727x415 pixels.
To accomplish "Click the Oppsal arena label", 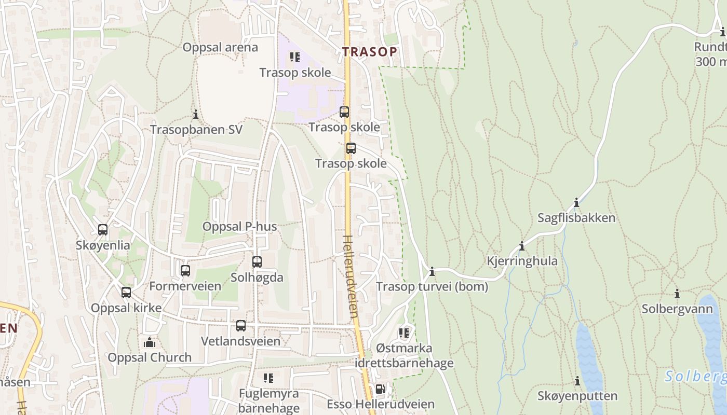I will (x=220, y=47).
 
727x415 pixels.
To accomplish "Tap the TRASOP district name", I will (x=369, y=51).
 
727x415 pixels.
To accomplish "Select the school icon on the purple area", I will (x=295, y=57).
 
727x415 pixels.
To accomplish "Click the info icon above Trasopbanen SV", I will (x=196, y=114).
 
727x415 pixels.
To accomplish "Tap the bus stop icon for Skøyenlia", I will (x=103, y=229).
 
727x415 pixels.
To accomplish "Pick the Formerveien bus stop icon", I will (x=185, y=270).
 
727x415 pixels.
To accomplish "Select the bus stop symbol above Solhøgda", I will (x=257, y=262).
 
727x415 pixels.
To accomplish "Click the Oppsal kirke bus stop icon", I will (x=126, y=292).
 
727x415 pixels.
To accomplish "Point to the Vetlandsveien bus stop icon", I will (x=241, y=326).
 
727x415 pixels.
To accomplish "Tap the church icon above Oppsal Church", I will (x=150, y=342).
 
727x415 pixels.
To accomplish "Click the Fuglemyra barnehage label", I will (x=269, y=400).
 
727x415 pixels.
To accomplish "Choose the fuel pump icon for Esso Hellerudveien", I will (x=380, y=389).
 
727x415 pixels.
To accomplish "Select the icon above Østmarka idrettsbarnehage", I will (x=404, y=333).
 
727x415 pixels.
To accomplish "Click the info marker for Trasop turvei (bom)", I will (x=432, y=271).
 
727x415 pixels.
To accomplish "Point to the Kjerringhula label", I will (x=521, y=261).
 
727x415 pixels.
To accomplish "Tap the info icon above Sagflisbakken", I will (x=576, y=202).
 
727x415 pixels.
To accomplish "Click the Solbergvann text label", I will (x=677, y=309).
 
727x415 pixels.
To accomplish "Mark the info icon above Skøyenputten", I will (x=577, y=381).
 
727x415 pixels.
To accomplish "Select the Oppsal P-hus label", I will (x=239, y=227).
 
